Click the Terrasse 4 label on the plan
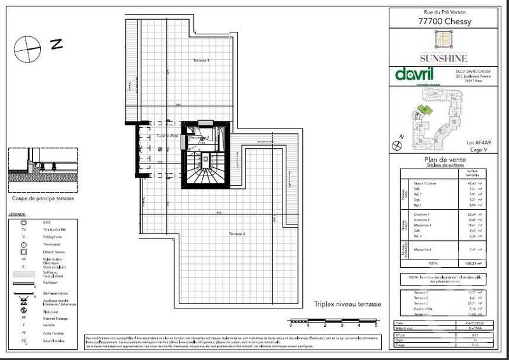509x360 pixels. [x=201, y=60]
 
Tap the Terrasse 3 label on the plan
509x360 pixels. [x=237, y=235]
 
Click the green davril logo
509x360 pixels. [x=415, y=74]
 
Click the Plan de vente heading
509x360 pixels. [x=444, y=160]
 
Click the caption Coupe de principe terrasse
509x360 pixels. [x=43, y=198]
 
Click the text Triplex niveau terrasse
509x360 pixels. [x=344, y=304]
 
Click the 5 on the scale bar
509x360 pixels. [x=376, y=325]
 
